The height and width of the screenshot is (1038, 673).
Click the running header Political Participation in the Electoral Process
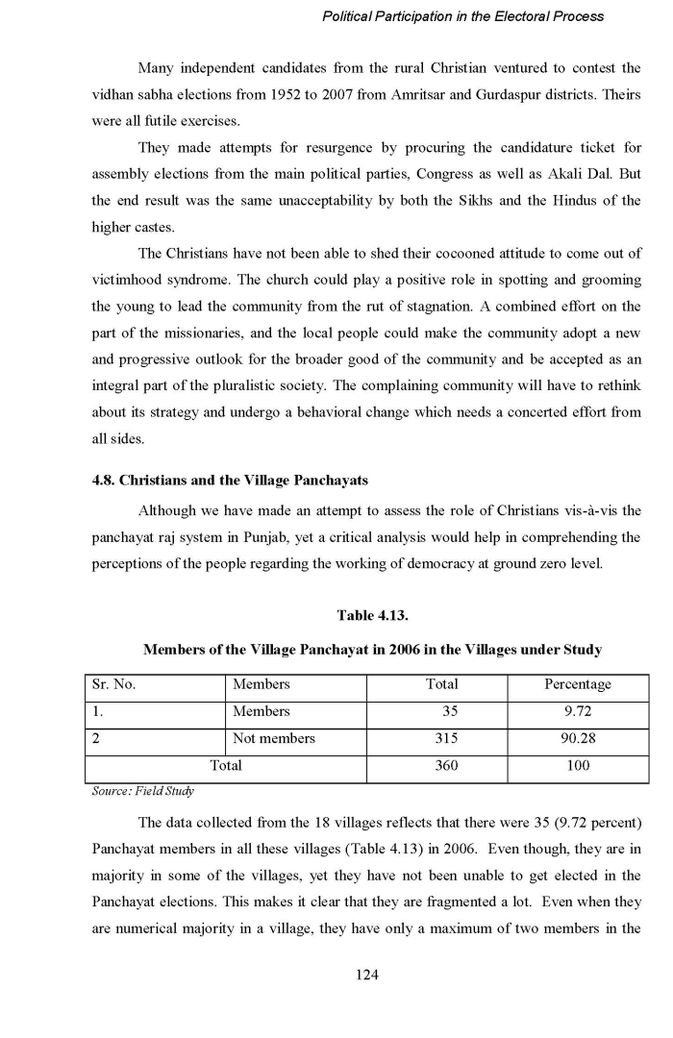pos(463,16)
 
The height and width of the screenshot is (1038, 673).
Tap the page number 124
pos(367,975)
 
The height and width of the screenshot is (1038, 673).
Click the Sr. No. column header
pos(112,684)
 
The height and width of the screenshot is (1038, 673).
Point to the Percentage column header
pos(577,684)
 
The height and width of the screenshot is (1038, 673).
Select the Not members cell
pos(273,739)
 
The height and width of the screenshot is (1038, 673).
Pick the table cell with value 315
pos(442,739)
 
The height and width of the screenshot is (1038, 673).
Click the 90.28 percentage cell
pos(577,739)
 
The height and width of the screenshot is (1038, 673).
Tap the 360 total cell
pos(442,766)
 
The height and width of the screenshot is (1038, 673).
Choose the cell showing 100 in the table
pos(578,766)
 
